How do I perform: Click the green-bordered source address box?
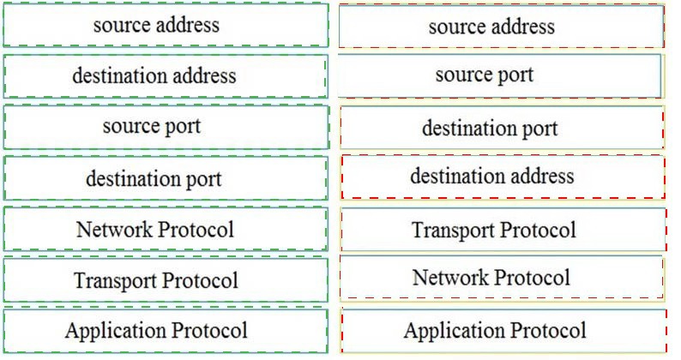166,25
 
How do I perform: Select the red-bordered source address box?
501,26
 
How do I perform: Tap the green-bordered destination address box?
166,76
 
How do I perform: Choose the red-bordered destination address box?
503,177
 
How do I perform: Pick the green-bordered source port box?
166,127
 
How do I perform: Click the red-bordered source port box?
499,75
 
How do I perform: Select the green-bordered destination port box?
166,178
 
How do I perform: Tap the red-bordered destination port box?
502,128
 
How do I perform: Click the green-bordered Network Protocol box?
166,229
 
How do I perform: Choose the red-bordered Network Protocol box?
501,278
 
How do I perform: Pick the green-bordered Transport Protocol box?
166,280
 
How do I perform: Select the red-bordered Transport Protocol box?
503,230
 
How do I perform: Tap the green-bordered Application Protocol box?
166,331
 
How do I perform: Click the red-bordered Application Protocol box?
503,331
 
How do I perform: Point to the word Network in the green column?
114,230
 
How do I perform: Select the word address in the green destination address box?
205,76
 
